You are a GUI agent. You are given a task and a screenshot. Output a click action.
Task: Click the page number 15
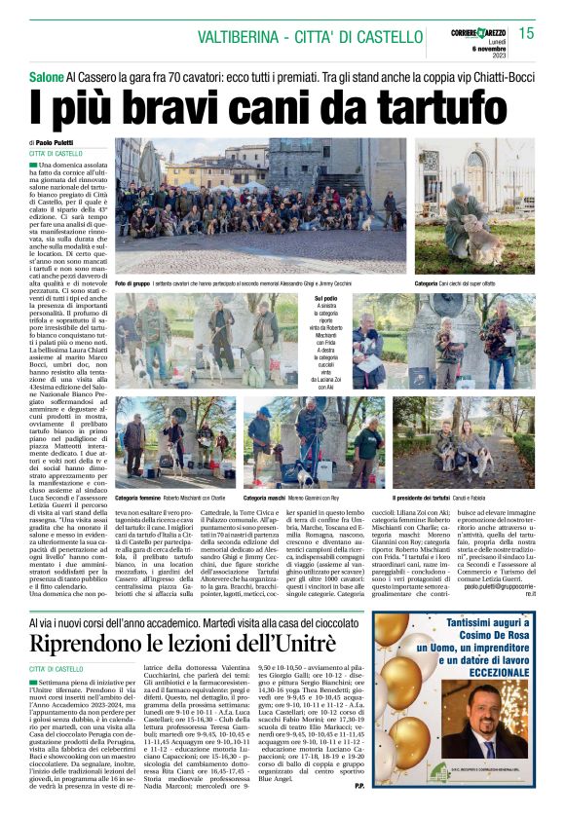pos(525,33)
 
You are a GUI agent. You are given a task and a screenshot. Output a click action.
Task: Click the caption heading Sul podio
pos(328,299)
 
